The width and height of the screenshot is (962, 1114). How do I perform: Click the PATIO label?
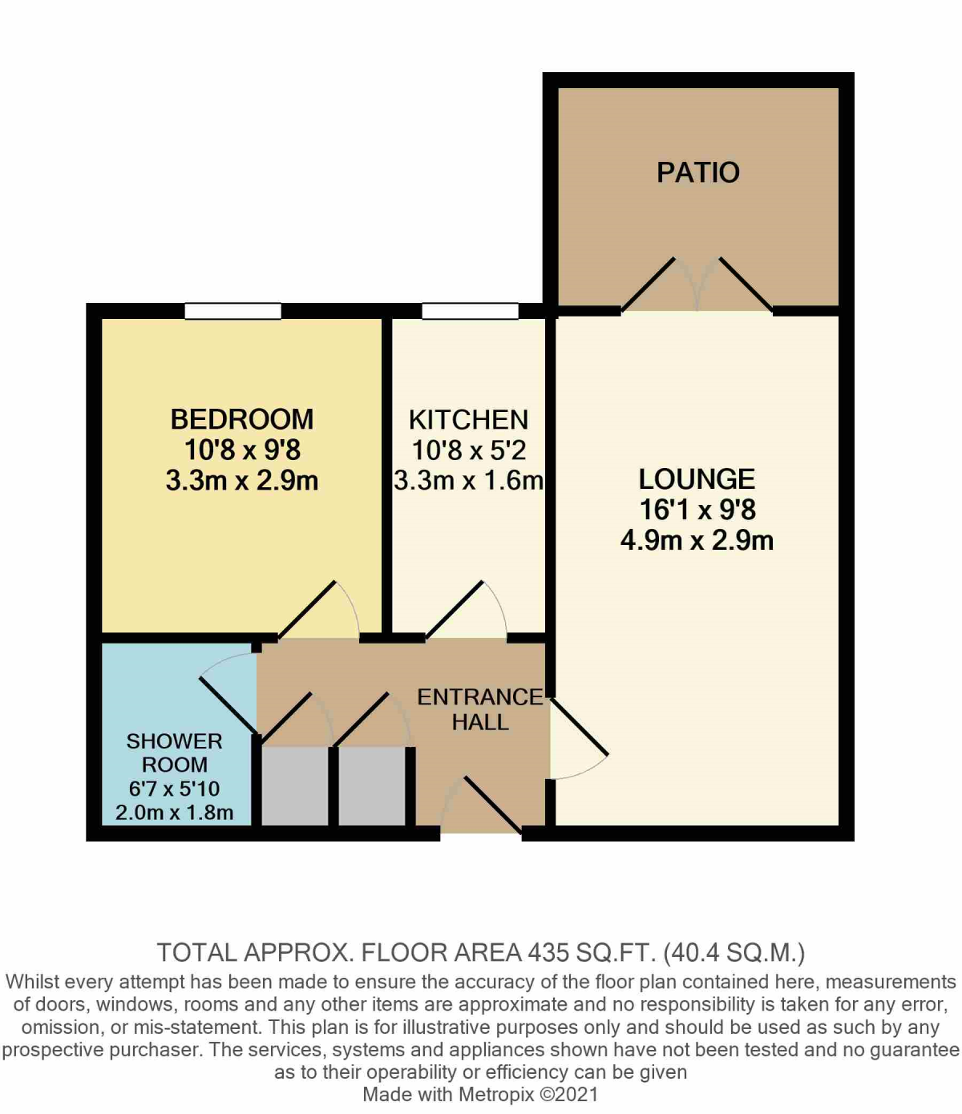[697, 172]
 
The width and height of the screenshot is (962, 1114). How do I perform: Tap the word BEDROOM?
[241, 419]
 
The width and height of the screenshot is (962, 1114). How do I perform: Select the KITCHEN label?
[468, 420]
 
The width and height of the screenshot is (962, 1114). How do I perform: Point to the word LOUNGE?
[697, 479]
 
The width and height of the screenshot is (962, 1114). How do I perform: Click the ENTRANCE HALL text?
[479, 709]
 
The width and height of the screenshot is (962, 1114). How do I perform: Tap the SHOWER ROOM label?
[174, 753]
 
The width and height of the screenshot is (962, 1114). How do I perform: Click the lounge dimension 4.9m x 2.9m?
[697, 540]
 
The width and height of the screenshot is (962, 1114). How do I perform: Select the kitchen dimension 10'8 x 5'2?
[468, 450]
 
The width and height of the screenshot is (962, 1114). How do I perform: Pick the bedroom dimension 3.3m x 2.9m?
[241, 481]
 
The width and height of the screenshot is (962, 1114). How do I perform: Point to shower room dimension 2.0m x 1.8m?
[174, 812]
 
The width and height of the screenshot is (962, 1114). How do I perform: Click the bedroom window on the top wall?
[232, 311]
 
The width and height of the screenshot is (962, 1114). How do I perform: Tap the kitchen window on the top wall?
[470, 311]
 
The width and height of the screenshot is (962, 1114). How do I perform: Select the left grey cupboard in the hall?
[295, 785]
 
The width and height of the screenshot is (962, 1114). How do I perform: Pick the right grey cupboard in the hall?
[372, 785]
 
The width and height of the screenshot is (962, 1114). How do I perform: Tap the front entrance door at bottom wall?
[481, 805]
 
